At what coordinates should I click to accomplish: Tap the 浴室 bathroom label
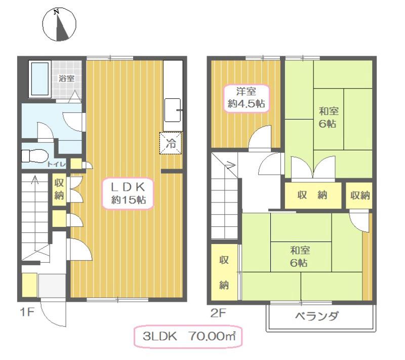coord(66,78)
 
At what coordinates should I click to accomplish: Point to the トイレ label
coord(56,164)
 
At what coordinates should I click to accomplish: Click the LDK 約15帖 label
coord(129,193)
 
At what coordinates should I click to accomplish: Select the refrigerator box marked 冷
coord(171,143)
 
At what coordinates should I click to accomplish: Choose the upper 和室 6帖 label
coord(328,117)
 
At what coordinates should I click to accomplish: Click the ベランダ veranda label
coord(317,317)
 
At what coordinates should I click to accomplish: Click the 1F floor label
coord(27,312)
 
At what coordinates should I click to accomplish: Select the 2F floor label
coord(218,312)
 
